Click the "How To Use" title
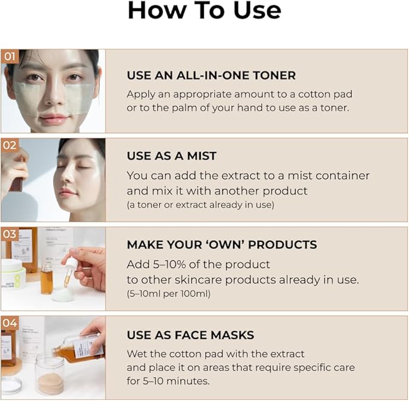[x=204, y=11]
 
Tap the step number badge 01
[x=9, y=57]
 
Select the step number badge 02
[x=9, y=145]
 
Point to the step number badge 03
[x=9, y=234]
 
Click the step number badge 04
[x=9, y=323]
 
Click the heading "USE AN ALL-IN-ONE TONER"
[x=211, y=75]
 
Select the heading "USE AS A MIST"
[x=172, y=156]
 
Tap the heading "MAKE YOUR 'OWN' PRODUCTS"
[x=222, y=245]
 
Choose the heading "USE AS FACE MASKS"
[x=190, y=335]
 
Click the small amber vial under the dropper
[x=46, y=278]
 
